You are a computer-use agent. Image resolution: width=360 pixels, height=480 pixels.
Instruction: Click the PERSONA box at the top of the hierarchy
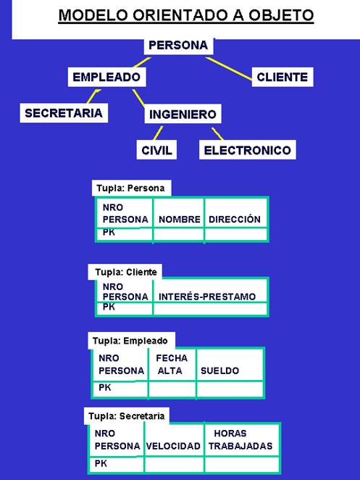179,46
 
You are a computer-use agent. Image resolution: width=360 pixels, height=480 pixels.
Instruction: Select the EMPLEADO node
106,77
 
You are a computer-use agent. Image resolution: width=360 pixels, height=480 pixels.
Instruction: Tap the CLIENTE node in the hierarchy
282,77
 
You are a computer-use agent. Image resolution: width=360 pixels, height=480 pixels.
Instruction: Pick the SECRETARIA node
64,113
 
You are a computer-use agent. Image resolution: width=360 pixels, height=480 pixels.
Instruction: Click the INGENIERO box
183,114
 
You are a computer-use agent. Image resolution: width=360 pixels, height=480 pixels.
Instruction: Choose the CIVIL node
156,150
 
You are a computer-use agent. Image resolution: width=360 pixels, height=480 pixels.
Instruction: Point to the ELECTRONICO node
248,150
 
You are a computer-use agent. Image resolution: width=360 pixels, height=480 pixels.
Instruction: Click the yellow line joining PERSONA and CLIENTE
229,69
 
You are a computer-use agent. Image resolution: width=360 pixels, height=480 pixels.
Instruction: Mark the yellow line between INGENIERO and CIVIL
158,133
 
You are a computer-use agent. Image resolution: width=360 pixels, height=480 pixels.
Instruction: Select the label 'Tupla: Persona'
131,188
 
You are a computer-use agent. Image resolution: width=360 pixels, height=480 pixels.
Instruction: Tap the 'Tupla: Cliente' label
125,272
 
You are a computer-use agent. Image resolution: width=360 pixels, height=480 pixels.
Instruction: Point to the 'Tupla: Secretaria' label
126,415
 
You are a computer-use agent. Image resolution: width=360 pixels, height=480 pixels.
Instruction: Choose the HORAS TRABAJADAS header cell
241,440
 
